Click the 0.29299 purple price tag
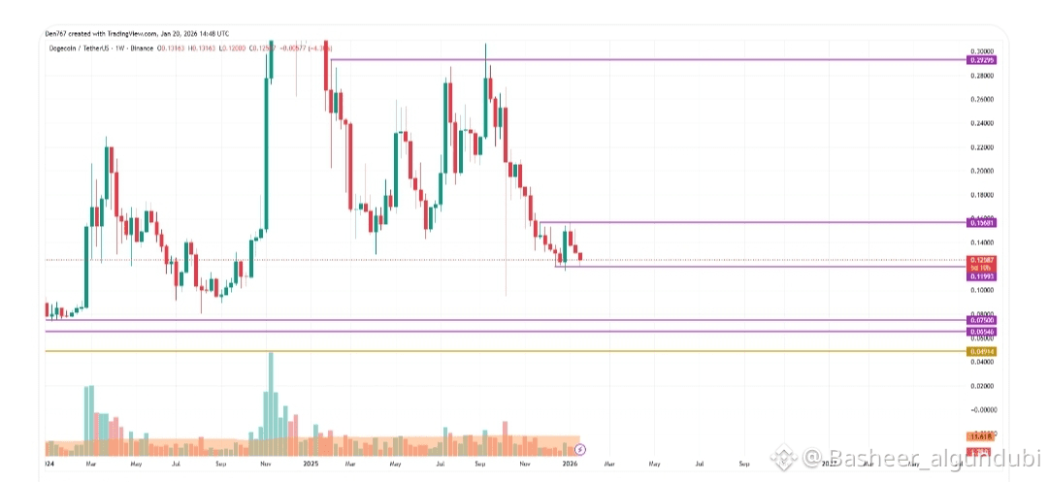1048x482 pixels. [x=982, y=60]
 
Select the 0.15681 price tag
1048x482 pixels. [x=982, y=223]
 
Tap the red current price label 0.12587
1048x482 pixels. [x=982, y=261]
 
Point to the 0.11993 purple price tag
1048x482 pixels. [x=982, y=276]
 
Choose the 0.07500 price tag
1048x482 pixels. [x=982, y=320]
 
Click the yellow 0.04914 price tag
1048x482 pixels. [x=982, y=351]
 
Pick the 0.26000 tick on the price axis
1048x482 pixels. [x=982, y=99]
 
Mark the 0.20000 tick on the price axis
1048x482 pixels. [x=982, y=171]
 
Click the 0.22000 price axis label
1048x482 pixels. [x=982, y=147]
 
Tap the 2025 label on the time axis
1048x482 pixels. [x=311, y=465]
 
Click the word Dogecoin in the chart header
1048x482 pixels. [x=64, y=48]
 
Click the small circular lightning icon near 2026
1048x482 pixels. [x=581, y=449]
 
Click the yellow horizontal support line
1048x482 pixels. [x=485, y=351]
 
